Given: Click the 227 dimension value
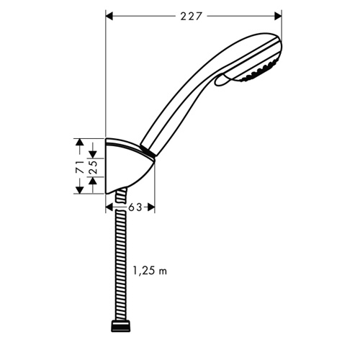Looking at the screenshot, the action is (190, 17).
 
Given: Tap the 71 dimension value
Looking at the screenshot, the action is (80, 167).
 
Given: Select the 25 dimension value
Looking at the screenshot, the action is (93, 167).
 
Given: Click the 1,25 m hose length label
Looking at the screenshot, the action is (150, 271).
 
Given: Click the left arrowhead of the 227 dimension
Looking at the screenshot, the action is (109, 17).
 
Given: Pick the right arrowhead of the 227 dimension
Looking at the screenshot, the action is (278, 17).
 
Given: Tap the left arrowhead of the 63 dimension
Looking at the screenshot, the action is (109, 207).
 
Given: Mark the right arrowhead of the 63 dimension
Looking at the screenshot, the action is (151, 207).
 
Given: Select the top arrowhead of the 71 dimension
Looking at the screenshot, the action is (80, 142).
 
